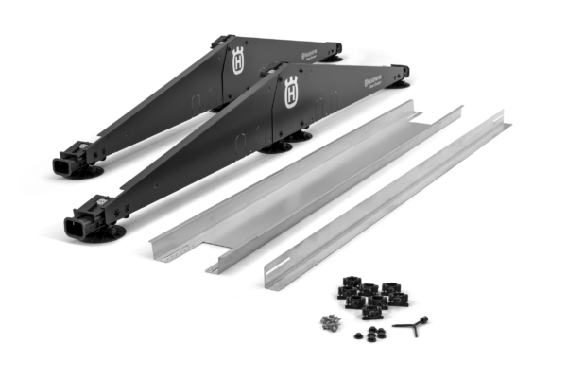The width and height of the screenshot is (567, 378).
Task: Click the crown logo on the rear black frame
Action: (x=237, y=61)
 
